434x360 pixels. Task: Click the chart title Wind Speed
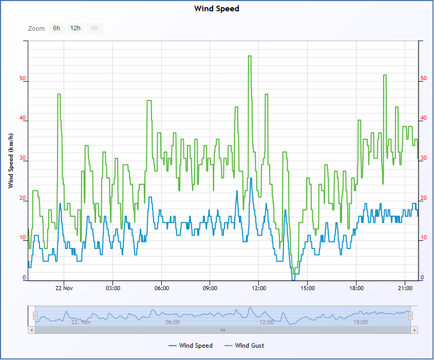[216, 9]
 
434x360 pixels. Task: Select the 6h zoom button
[56, 28]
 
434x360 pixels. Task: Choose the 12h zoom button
[76, 28]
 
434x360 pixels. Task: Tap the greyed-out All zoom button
[95, 28]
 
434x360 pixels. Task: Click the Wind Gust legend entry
[244, 346]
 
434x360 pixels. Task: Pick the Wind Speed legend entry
[191, 346]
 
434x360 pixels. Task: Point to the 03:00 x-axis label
[113, 288]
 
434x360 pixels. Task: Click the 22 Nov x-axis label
[64, 288]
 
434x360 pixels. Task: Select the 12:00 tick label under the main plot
[259, 288]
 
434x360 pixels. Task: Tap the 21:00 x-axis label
[405, 288]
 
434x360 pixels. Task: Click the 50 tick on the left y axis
[23, 78]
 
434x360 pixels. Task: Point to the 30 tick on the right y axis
[424, 158]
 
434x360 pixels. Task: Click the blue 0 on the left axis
[24, 277]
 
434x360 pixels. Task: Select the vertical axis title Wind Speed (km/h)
[10, 161]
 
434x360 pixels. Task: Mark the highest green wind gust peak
[250, 56]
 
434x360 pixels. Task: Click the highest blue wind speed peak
[251, 178]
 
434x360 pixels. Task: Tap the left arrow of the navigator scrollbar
[31, 330]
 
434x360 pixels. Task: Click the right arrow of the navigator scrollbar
[414, 330]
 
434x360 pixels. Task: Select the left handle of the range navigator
[35, 316]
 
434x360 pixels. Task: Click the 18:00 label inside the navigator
[361, 322]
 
